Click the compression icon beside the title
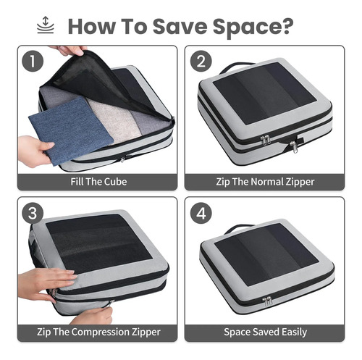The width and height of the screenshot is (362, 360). click(x=46, y=25)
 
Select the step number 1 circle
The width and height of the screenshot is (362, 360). click(x=33, y=61)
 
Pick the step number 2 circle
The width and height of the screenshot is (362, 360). click(x=201, y=61)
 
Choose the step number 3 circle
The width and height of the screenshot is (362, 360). click(x=33, y=213)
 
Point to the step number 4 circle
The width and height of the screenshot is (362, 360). click(x=201, y=213)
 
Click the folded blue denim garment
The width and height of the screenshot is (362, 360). click(x=71, y=130)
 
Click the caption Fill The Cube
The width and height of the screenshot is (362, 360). click(x=98, y=182)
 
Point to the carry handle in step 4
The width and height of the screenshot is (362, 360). click(x=237, y=228)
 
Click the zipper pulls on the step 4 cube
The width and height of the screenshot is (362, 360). click(x=267, y=301)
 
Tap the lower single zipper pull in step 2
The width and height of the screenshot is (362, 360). click(x=294, y=147)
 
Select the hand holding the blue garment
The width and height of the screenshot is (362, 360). click(x=34, y=151)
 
